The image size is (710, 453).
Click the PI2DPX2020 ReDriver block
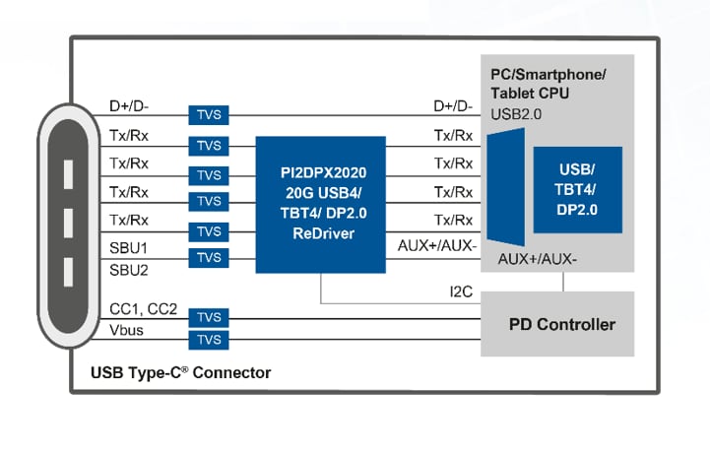(x=320, y=204)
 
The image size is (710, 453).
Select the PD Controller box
(x=561, y=324)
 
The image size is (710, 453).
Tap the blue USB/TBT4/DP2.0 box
(x=577, y=190)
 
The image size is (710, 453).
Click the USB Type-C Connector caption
(x=180, y=373)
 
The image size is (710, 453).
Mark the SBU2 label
(x=129, y=270)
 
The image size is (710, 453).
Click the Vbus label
(x=127, y=330)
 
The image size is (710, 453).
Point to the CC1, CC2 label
(x=144, y=309)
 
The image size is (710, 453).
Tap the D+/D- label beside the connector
(x=130, y=105)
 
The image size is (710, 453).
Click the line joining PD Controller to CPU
(x=562, y=282)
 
